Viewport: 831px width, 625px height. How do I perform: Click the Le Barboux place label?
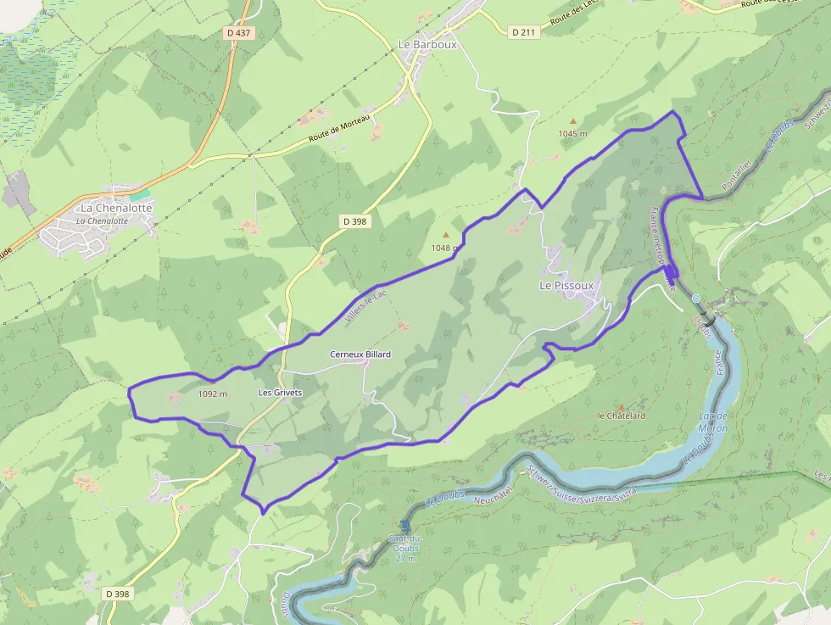[x=427, y=44]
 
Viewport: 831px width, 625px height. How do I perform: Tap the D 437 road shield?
[x=239, y=32]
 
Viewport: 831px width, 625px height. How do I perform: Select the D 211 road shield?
[x=524, y=32]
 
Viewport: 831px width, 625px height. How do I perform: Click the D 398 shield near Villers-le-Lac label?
[x=355, y=221]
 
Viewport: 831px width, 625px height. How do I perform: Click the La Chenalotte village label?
[x=116, y=208]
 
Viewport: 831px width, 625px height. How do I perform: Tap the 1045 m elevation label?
[x=572, y=134]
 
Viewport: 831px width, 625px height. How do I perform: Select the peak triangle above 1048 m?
[x=446, y=235]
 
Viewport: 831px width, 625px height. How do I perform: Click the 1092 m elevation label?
[x=212, y=394]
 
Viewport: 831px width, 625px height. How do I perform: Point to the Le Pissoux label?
[x=566, y=286]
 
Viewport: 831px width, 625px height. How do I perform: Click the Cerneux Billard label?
[x=360, y=354]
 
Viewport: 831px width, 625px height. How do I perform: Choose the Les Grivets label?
[x=280, y=393]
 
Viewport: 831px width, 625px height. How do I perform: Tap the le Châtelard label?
[x=622, y=416]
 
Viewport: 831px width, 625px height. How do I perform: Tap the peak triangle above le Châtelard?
[x=621, y=406]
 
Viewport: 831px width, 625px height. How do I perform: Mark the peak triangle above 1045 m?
[x=572, y=121]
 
